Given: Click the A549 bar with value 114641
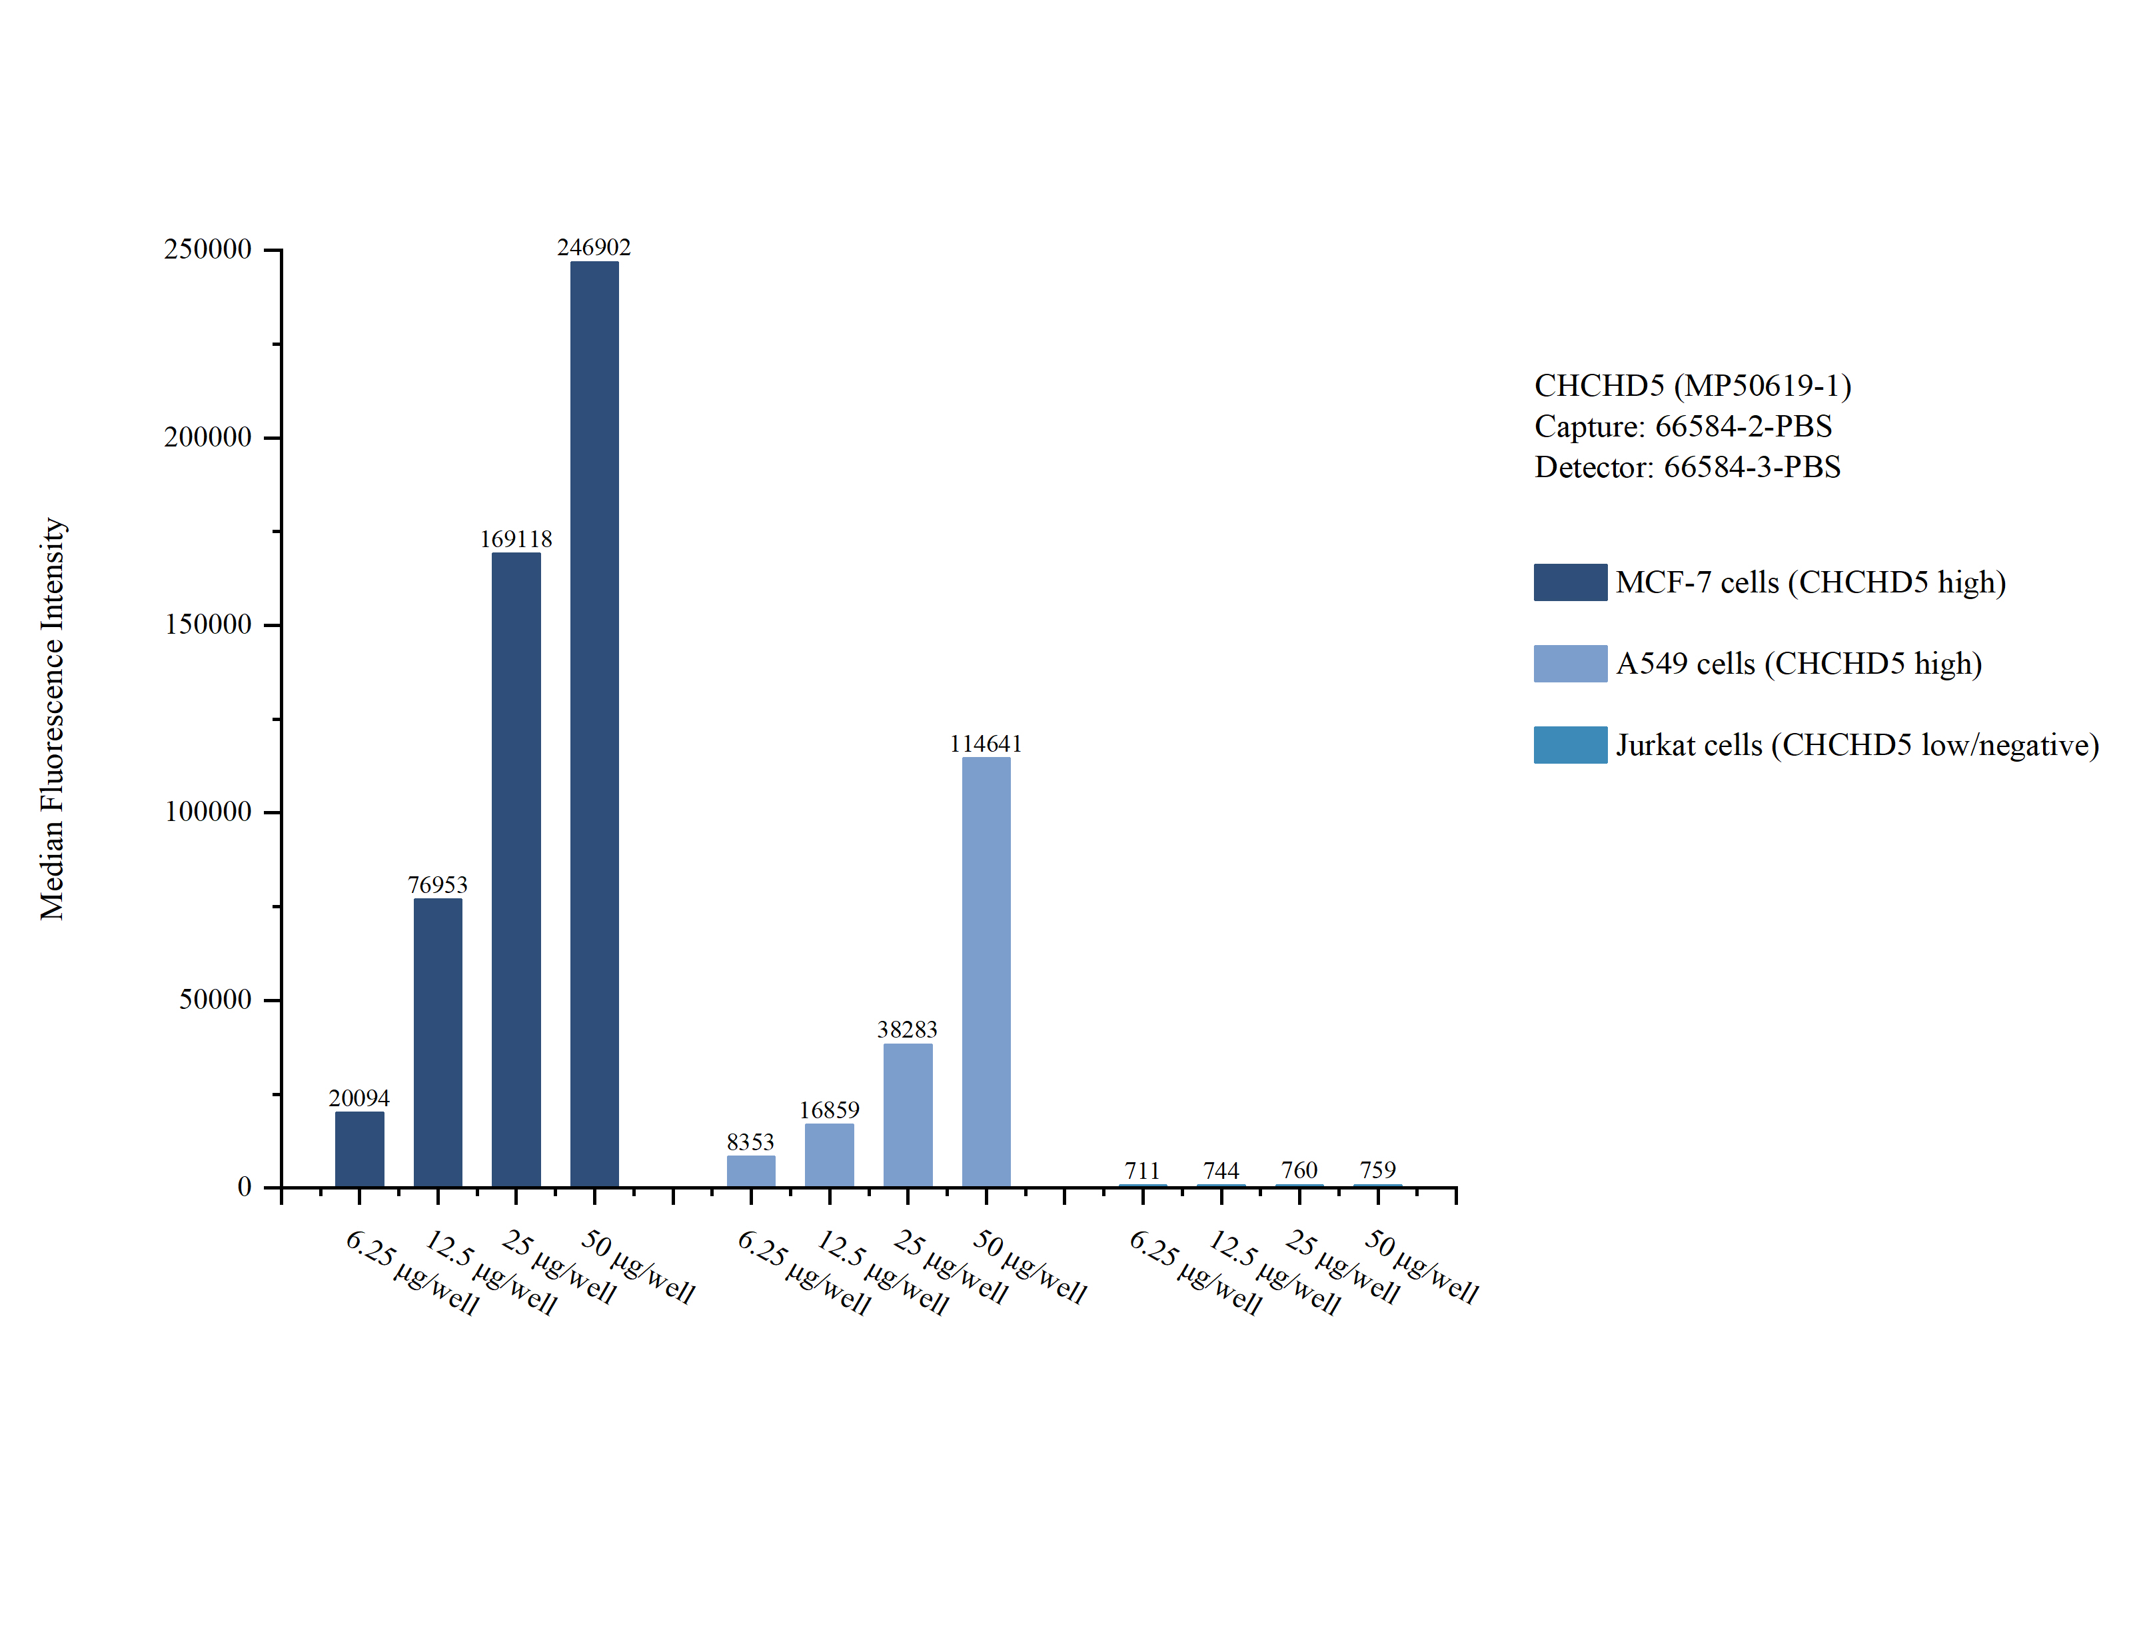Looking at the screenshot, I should coord(986,972).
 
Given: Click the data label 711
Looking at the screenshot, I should coord(1141,1170).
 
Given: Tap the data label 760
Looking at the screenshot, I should coord(1299,1170).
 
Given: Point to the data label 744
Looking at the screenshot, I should coord(1221,1170).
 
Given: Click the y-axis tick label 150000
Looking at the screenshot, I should coord(208,625).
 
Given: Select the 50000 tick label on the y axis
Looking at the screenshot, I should coord(215,1000).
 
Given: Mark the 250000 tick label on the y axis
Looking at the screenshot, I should coord(208,250).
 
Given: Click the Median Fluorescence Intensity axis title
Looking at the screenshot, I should coord(52,718).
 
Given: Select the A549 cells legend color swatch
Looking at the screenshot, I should coord(1569,663).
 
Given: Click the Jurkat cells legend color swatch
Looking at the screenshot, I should coord(1569,745).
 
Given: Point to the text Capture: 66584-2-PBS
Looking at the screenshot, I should coord(1683,426).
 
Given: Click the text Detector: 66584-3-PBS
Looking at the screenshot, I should coord(1687,468).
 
